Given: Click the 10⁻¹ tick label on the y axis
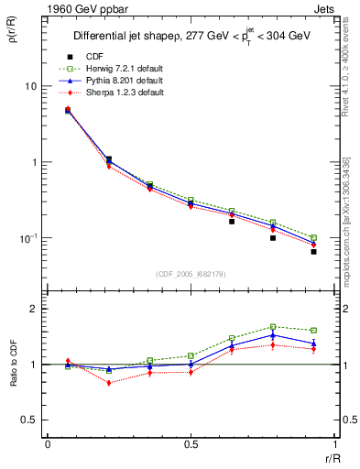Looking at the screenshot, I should coord(27,238).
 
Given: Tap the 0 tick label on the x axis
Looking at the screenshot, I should coord(48,443).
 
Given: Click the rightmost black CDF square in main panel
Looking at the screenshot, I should coord(313,251).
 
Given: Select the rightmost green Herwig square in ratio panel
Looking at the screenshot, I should coord(313,330).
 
